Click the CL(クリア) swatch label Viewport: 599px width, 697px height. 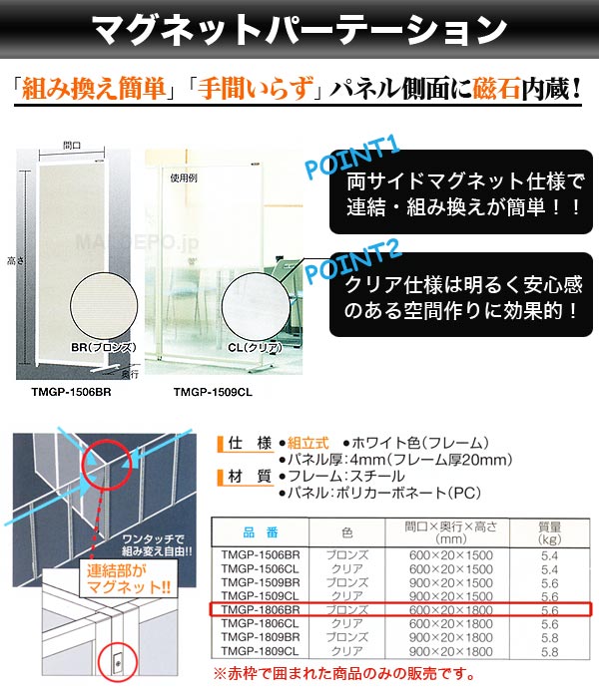(x=248, y=346)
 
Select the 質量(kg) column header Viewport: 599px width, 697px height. (x=548, y=532)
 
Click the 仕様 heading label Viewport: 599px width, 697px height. (x=250, y=442)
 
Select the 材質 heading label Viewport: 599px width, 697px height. (x=250, y=477)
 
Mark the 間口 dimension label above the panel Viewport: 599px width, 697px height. (x=72, y=144)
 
